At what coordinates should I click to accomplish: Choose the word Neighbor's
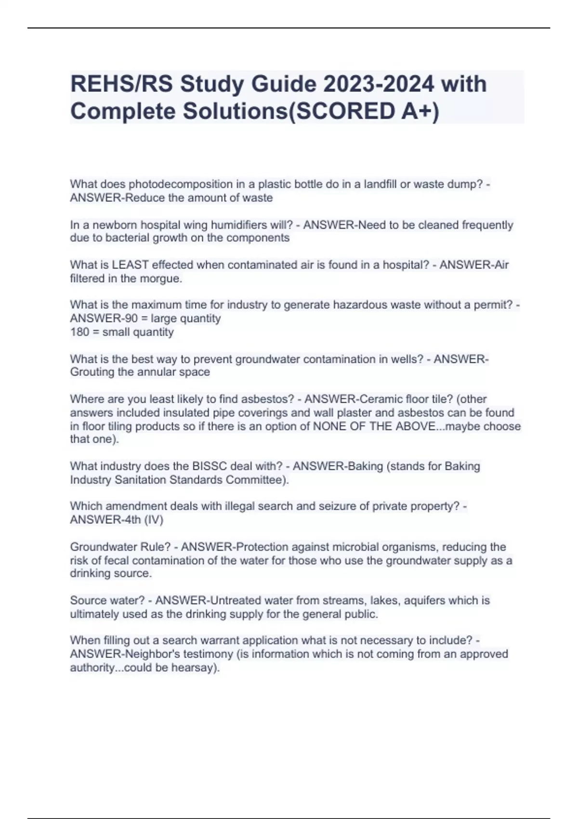[148, 654]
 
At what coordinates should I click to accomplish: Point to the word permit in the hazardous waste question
[496, 305]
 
